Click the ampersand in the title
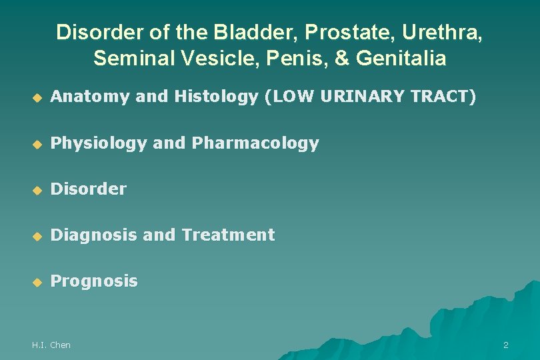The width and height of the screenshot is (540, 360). [x=342, y=59]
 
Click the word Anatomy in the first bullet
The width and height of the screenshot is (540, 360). [x=90, y=97]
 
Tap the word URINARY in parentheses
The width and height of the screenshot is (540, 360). [x=361, y=97]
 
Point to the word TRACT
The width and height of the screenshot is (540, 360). [x=442, y=97]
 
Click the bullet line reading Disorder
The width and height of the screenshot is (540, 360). [x=89, y=189]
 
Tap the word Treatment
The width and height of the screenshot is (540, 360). [x=228, y=235]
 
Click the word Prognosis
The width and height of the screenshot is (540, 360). [x=94, y=281]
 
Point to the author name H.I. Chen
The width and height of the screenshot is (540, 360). [x=51, y=345]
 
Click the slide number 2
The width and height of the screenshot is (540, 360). [x=505, y=345]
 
